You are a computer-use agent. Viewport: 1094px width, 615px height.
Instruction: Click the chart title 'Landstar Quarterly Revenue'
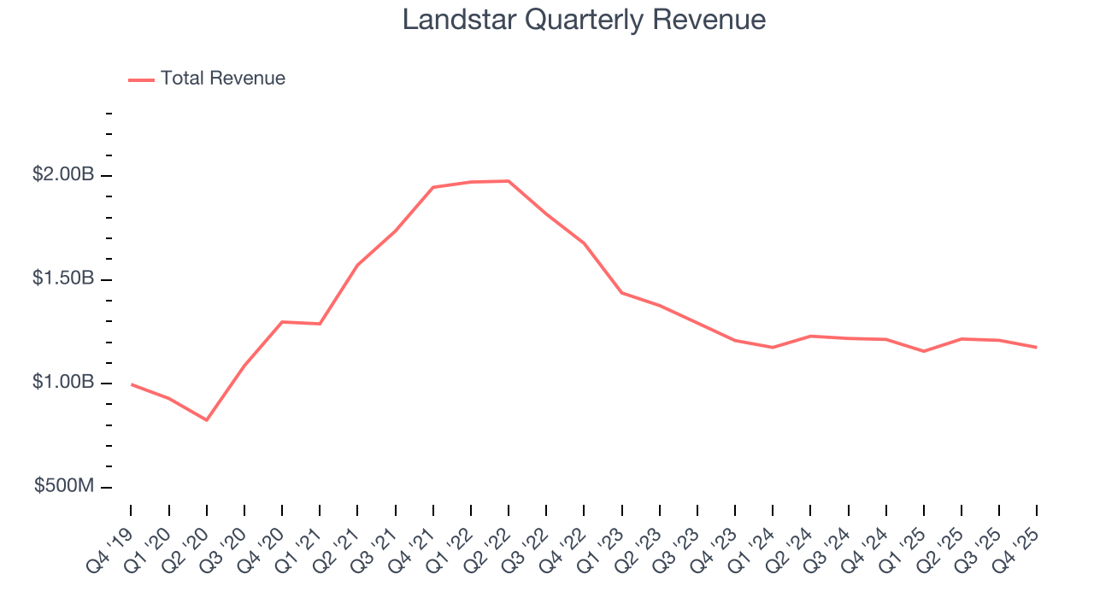pos(584,20)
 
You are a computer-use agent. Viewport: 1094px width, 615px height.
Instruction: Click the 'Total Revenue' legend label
pos(222,79)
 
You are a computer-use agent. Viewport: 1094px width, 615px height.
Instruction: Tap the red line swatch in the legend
pos(141,79)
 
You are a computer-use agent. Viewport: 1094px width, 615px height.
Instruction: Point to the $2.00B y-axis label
pos(63,174)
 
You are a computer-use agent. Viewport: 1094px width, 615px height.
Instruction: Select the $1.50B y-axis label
pos(63,278)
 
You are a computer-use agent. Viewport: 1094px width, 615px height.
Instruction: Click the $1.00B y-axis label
pos(63,382)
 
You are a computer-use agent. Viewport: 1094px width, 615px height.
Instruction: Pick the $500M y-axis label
pos(64,486)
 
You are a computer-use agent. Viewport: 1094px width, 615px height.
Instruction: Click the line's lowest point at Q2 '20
pos(206,420)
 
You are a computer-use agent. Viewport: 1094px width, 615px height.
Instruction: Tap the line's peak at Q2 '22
pos(509,181)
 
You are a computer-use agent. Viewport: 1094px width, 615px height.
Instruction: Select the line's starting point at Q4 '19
pos(131,384)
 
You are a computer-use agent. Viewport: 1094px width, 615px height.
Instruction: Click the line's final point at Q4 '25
pos(1037,348)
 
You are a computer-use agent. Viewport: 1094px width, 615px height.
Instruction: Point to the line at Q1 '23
pos(621,293)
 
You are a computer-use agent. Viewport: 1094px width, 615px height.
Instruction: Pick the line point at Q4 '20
pos(282,322)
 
